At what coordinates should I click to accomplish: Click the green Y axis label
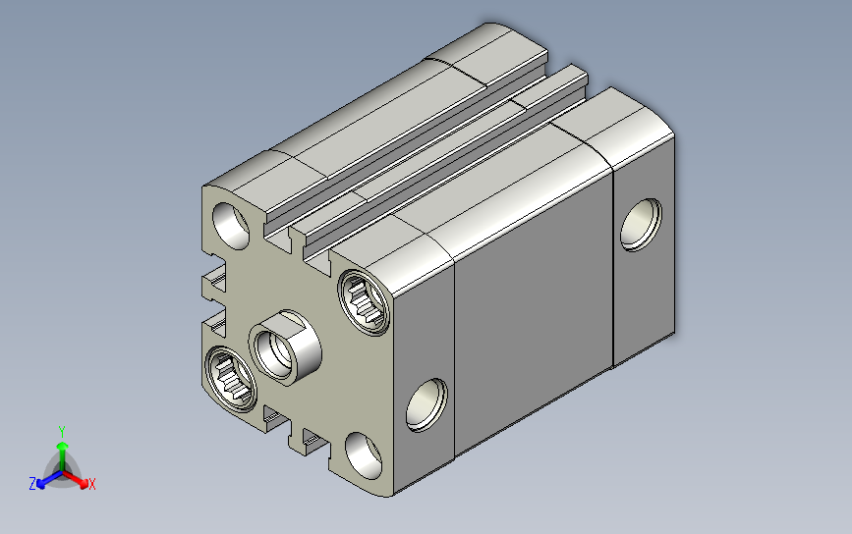62,432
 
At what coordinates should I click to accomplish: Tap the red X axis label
91,484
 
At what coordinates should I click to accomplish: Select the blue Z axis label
32,484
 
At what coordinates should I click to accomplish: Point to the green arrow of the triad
63,455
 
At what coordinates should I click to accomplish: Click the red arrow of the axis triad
76,479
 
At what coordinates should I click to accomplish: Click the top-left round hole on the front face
230,226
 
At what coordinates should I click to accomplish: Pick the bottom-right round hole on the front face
364,455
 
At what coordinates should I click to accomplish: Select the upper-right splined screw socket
364,301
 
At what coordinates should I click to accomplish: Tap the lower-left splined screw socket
231,378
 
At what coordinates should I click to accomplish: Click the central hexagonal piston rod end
285,347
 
